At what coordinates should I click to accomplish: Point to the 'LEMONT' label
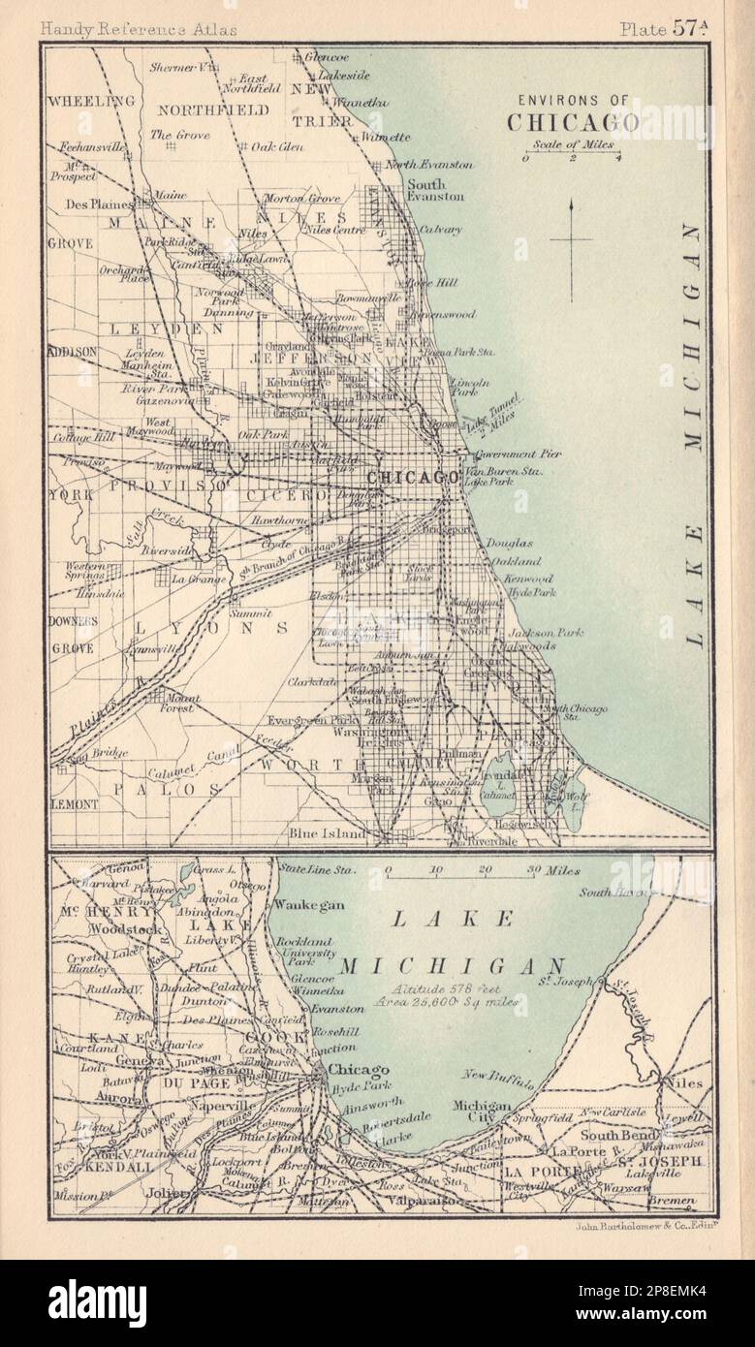[75, 803]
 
